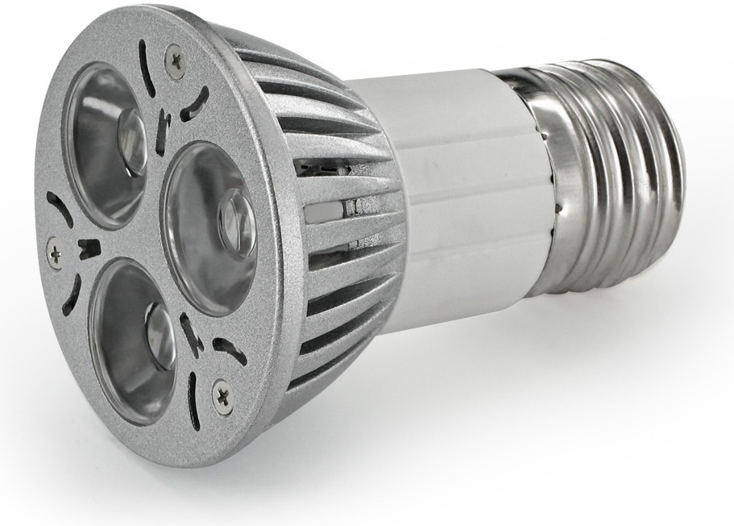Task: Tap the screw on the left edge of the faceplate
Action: click(55, 252)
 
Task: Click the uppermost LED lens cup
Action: click(105, 141)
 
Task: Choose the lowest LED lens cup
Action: click(133, 339)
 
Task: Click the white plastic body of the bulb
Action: click(451, 202)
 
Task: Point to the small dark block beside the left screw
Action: click(89, 248)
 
